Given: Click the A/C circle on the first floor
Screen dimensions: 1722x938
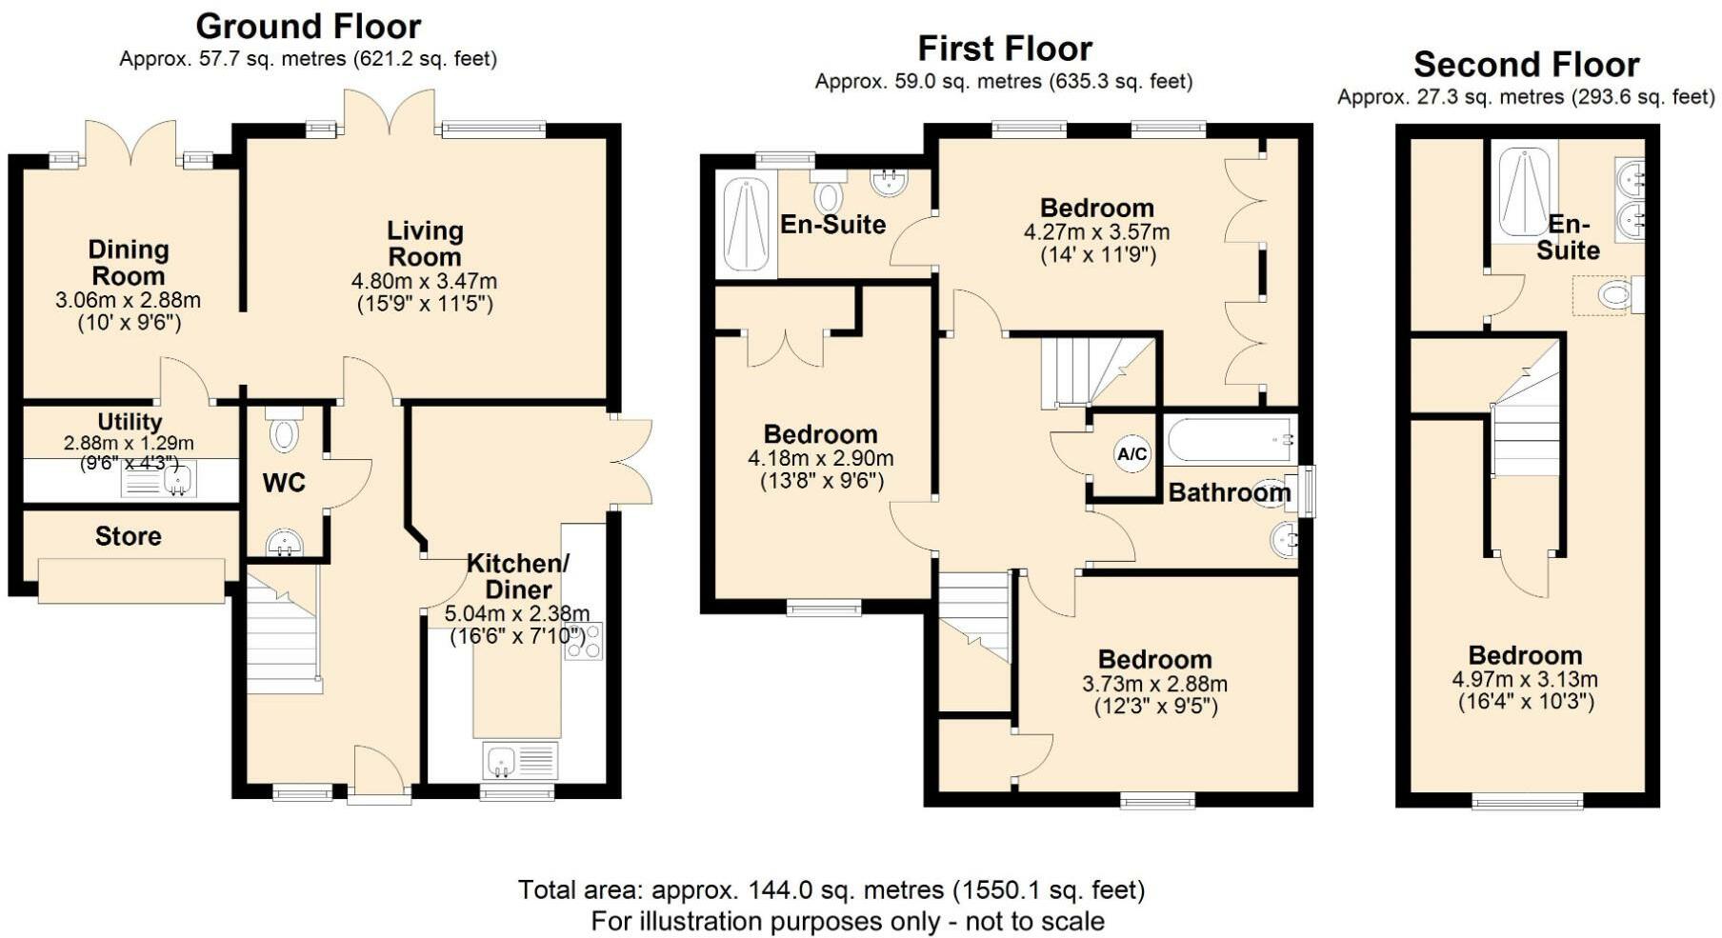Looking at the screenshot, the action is (1131, 454).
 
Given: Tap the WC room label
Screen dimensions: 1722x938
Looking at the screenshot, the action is (284, 483).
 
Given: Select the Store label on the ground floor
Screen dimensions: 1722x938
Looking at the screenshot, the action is (129, 536).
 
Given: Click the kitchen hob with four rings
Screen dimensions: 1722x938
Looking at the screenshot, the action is (583, 641).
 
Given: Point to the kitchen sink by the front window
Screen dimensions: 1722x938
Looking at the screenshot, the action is (520, 761).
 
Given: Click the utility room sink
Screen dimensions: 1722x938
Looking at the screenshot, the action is (159, 481).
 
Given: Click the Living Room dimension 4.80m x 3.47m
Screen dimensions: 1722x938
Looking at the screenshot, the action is (425, 282).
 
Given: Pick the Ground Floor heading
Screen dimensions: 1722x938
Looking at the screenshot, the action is (309, 26).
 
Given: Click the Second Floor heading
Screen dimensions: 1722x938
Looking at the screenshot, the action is (1527, 65).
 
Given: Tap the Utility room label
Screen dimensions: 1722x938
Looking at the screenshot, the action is (130, 422).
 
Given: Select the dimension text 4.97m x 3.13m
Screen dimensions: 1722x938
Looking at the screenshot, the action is (1525, 680).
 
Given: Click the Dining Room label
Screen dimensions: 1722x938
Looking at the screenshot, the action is (128, 263).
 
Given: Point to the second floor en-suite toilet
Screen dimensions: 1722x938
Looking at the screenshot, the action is (1620, 294).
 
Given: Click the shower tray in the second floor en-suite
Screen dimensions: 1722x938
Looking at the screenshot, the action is (1524, 191).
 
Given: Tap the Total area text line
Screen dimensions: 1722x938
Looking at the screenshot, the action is (831, 890).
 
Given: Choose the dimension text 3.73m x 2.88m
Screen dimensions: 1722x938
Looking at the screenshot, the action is (1154, 684).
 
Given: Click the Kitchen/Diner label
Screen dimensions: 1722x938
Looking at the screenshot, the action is (518, 576).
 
